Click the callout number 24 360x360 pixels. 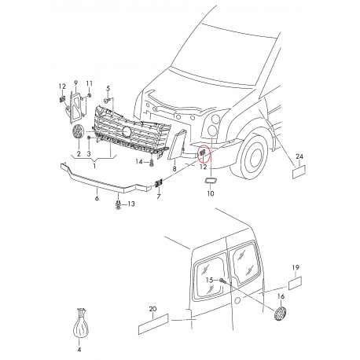(x=299, y=156)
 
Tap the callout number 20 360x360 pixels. (x=152, y=309)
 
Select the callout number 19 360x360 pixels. (x=296, y=267)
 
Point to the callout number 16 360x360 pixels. (x=281, y=296)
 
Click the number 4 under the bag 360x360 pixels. (x=79, y=349)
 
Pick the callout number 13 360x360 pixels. (x=131, y=204)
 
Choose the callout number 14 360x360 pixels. (x=139, y=162)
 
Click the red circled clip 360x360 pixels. (x=203, y=152)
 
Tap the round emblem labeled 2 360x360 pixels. (x=78, y=132)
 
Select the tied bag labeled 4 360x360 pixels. (x=80, y=325)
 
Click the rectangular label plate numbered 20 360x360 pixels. (x=153, y=324)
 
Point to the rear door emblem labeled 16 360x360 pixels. (x=280, y=314)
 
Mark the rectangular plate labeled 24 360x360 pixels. (x=299, y=171)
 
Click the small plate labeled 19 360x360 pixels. (x=295, y=283)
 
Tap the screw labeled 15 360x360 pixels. (x=222, y=281)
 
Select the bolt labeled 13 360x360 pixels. (x=118, y=204)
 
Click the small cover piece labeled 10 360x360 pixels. (x=211, y=180)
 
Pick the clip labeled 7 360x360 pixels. (x=159, y=183)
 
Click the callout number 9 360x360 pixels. (x=75, y=83)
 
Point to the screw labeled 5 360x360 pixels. (x=107, y=100)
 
